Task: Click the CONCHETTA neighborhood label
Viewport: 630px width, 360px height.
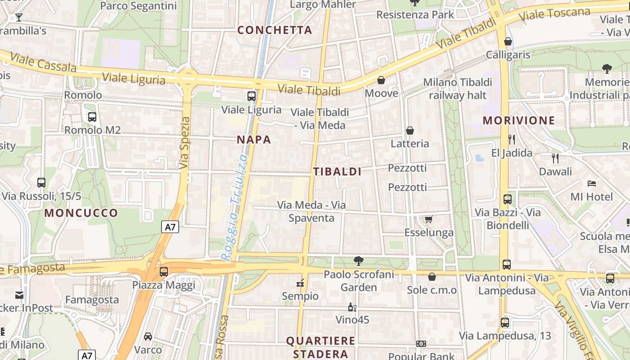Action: pos(274,30)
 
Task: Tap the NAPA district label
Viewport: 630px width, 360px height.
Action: pos(254,139)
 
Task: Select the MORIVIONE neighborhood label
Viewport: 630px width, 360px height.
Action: pos(519,120)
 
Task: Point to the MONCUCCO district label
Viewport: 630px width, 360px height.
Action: pos(81,213)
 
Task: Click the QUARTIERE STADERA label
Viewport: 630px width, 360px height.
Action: pos(320,347)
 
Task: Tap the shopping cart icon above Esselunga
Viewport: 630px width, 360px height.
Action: pos(429,219)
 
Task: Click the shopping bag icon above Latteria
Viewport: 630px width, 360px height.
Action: pos(410,130)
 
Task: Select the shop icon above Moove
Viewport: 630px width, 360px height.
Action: pos(381,80)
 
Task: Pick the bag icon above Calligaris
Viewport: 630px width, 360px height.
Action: pos(508,41)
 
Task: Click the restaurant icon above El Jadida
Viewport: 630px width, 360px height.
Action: pos(511,139)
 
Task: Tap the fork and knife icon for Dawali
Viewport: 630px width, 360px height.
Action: pos(555,158)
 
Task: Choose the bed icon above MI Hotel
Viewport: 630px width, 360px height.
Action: pos(592,183)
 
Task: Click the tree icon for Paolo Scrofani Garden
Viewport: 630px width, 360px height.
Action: pos(359,261)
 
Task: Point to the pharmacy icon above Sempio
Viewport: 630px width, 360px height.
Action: pos(300,283)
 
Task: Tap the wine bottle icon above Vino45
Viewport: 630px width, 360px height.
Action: pos(352,307)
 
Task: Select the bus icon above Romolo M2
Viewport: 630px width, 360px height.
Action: pos(92,117)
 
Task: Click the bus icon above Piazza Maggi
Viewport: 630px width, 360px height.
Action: pos(164,272)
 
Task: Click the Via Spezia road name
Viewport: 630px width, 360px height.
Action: pos(184,143)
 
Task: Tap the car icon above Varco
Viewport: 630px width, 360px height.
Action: pos(148,336)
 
